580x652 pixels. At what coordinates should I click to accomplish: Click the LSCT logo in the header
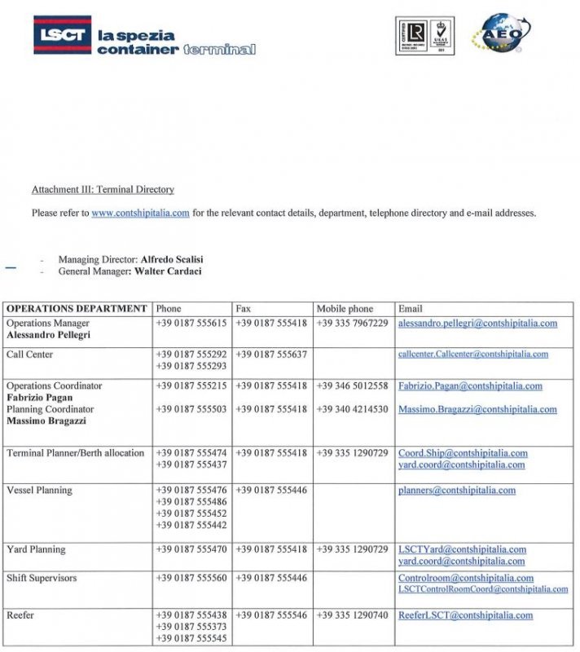62,35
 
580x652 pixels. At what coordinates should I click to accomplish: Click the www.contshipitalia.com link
140,214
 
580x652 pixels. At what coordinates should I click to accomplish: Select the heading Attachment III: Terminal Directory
103,190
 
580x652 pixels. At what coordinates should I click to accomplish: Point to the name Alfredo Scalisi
178,259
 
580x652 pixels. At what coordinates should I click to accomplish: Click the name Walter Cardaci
168,271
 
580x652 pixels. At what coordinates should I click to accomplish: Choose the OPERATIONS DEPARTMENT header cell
77,309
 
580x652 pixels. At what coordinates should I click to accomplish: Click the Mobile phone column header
345,309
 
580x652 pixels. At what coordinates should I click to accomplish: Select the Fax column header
243,309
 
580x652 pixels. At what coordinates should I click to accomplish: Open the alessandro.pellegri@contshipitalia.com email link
477,324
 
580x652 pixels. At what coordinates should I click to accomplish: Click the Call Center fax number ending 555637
271,355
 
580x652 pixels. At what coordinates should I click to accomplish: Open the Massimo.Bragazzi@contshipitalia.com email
477,409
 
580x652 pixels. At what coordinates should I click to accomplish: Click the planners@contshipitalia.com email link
456,491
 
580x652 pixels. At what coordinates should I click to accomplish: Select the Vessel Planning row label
39,491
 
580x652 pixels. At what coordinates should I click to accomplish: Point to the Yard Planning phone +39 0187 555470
191,550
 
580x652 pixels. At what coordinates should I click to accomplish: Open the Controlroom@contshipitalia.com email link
466,578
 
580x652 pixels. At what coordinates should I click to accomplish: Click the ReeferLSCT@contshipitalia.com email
465,615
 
